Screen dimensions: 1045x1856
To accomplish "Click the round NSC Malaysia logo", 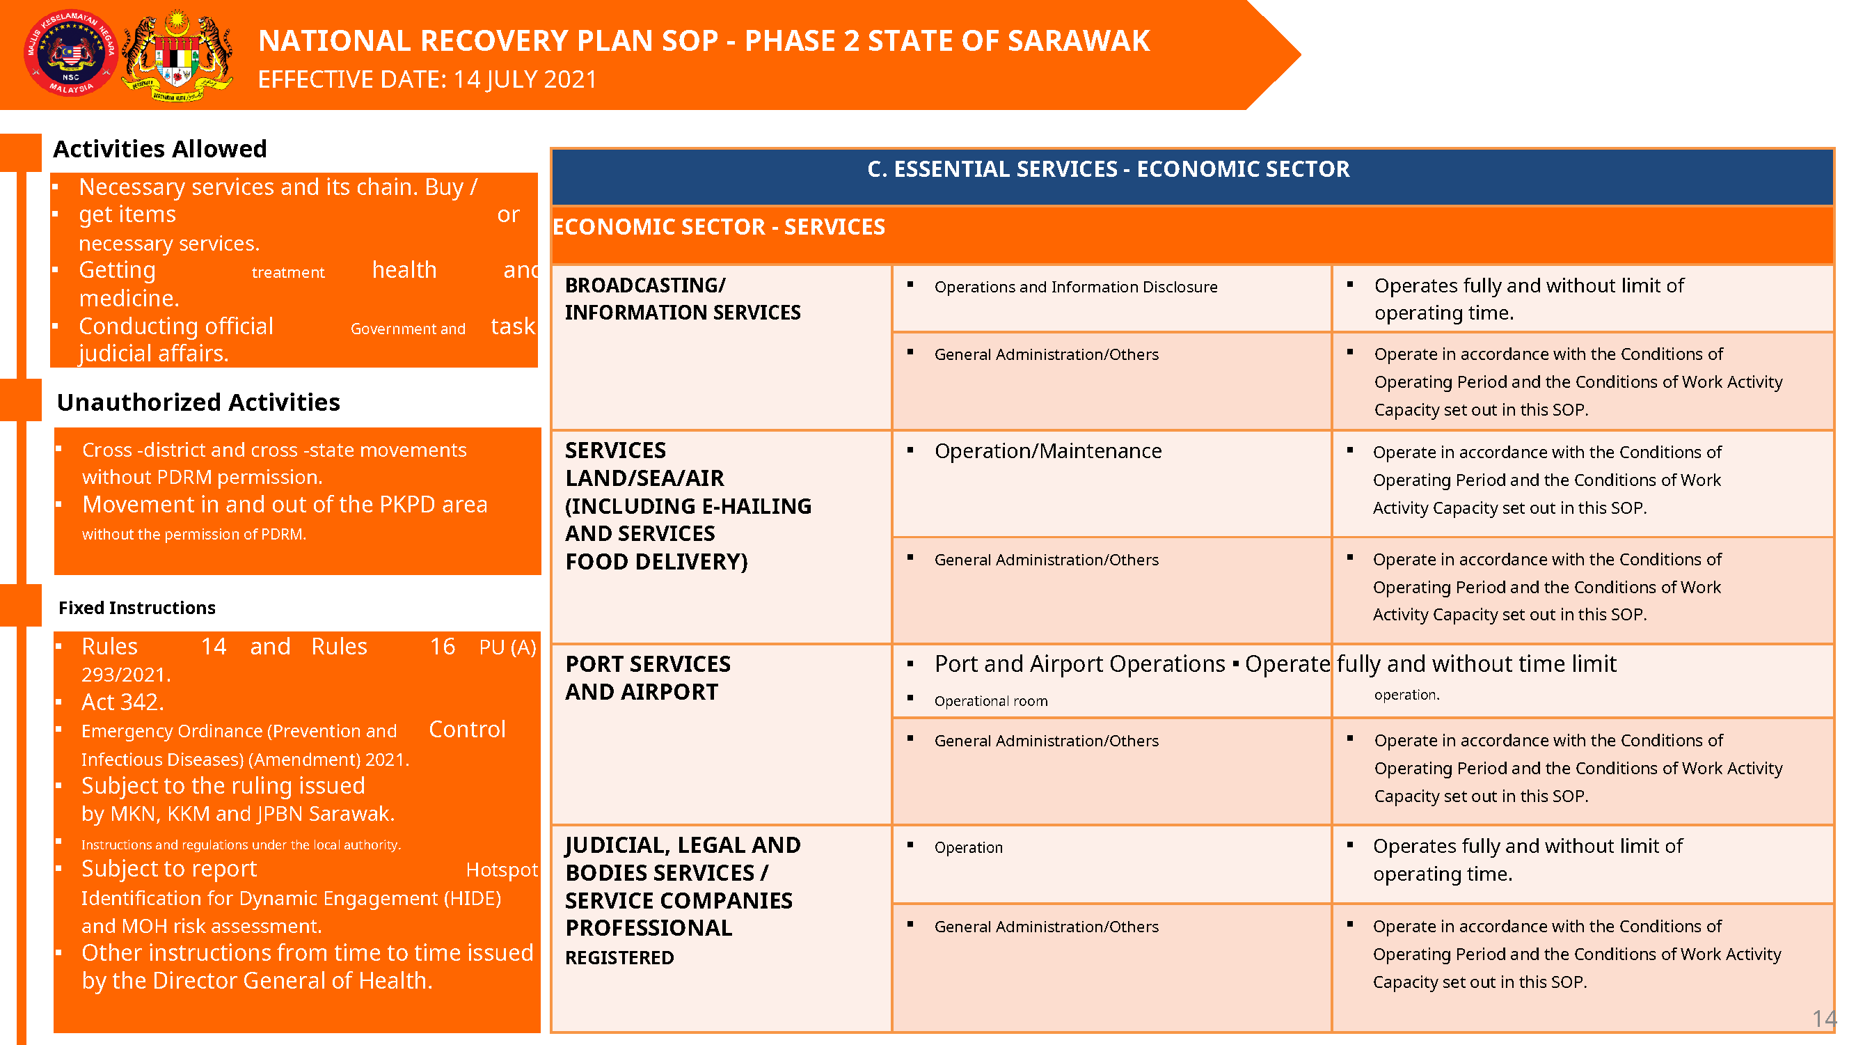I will pos(70,54).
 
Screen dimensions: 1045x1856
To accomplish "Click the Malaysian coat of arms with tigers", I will pos(177,56).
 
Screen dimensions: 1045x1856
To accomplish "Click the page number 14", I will pos(1823,1019).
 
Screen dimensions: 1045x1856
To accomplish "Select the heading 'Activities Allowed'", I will pos(159,148).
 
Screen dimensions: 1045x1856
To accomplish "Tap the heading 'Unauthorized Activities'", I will pos(198,402).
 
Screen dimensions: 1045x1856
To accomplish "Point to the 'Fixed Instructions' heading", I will pos(137,608).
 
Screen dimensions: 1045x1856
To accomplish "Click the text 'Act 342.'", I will pos(122,702).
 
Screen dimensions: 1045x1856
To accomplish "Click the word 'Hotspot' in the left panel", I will pos(502,870).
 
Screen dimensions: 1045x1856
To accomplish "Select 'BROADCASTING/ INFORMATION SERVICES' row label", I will pos(681,299).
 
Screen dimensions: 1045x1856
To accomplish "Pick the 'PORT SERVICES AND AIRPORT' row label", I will pos(647,677).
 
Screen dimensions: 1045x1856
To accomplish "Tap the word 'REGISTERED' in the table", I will pos(619,958).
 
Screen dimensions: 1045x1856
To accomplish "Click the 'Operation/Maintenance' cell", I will pos(1047,451).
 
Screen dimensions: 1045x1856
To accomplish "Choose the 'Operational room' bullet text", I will pos(991,701).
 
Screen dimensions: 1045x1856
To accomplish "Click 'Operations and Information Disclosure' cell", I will pos(1075,287).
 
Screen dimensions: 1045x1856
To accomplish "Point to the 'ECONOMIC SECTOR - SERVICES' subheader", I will pos(718,227).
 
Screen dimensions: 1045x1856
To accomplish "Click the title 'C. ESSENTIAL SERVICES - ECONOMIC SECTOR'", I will pos(1107,169).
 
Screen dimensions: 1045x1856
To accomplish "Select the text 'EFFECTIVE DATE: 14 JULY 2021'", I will pos(427,79).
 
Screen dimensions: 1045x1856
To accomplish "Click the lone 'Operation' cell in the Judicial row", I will pos(967,847).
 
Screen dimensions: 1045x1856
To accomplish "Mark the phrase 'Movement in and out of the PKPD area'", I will pos(285,505).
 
